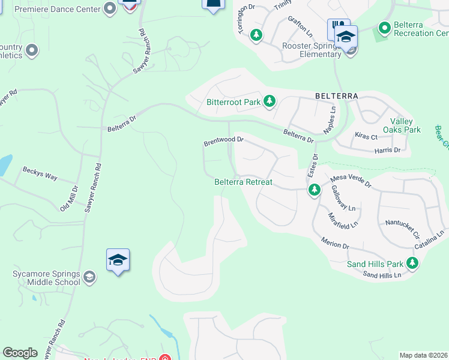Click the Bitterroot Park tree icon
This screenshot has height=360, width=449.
[x=270, y=101]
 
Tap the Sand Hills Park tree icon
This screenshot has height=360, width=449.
[x=412, y=263]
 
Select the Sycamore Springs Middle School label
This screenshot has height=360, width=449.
[x=46, y=278]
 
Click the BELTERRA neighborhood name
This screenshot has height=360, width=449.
[x=336, y=96]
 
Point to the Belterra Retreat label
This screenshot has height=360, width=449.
[x=244, y=182]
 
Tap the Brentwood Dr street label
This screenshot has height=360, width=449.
[x=223, y=141]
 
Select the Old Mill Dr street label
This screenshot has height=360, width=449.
[x=69, y=198]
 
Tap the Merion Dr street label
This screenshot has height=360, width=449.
[x=335, y=245]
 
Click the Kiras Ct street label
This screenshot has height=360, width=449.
[x=366, y=136]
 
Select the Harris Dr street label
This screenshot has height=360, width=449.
[x=388, y=150]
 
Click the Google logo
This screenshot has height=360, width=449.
[x=20, y=353]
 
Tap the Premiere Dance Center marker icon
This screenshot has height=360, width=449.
[x=109, y=8]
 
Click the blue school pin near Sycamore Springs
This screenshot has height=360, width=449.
[x=118, y=260]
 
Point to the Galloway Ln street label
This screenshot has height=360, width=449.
[x=342, y=197]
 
